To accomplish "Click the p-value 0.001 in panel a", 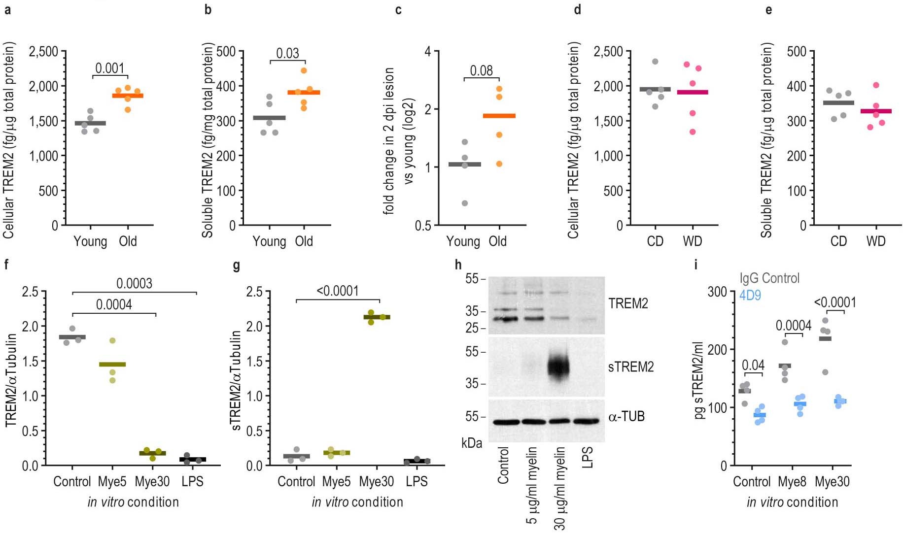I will (110, 68).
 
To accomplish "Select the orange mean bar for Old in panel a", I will (128, 96).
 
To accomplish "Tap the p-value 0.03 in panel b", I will (287, 53).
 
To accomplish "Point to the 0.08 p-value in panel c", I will (482, 71).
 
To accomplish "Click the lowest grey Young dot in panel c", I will (465, 203).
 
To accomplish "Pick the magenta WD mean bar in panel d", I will (693, 92).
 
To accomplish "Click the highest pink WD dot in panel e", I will (876, 85).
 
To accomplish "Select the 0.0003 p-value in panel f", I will (134, 284).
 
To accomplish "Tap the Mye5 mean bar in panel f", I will (112, 365).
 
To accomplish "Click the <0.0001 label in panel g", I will (338, 291).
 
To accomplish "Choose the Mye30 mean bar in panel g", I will (377, 317).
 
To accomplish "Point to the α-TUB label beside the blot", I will (626, 417).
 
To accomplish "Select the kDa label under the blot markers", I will (472, 443).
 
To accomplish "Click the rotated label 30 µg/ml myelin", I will (559, 488).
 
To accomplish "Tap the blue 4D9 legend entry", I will (750, 296).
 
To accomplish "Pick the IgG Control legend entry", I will (769, 278).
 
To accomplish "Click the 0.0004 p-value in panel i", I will (793, 326).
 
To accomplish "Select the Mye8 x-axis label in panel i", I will (792, 481).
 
